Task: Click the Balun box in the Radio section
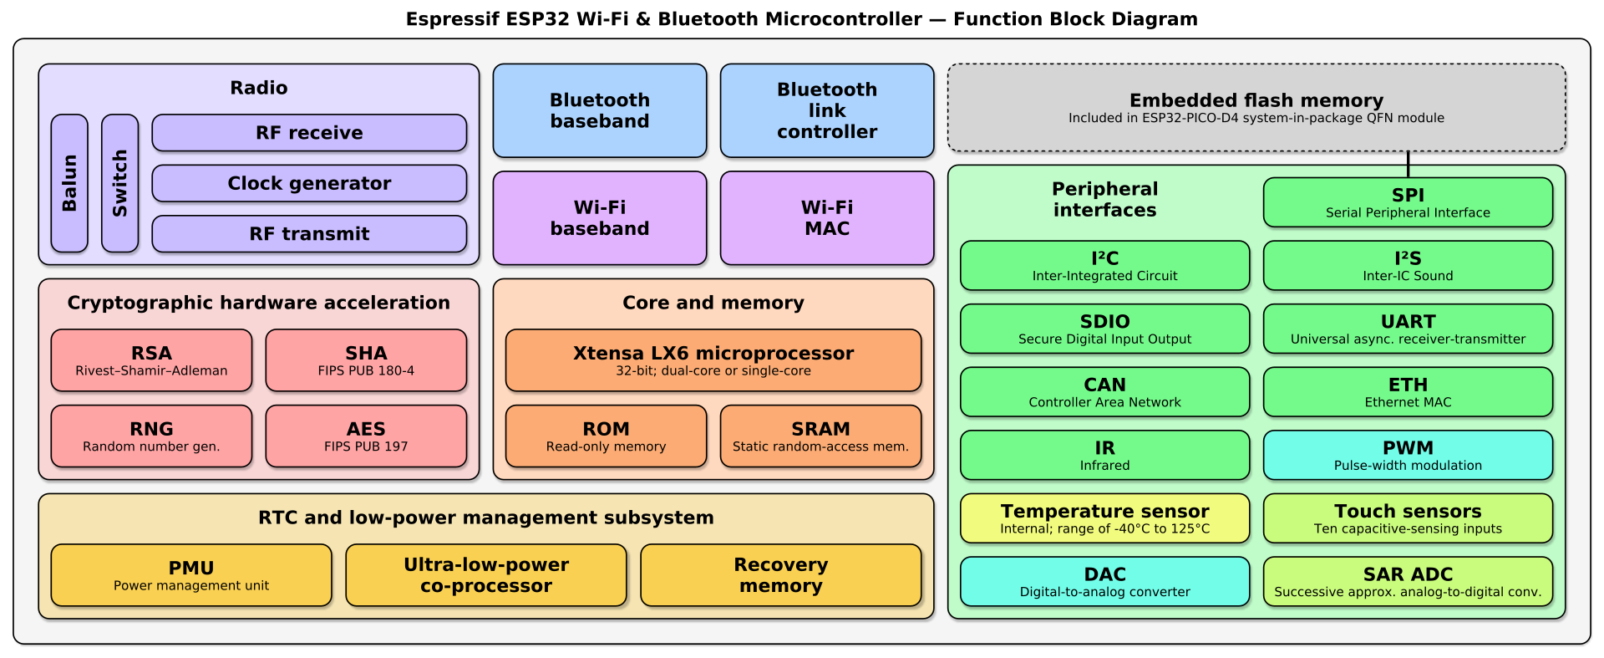pyautogui.click(x=69, y=183)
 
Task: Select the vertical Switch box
pyautogui.click(x=119, y=183)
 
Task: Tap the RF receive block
pyautogui.click(x=309, y=133)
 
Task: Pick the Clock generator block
pyautogui.click(x=309, y=183)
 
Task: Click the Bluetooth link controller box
pyautogui.click(x=827, y=110)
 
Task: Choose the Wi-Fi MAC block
pyautogui.click(x=827, y=218)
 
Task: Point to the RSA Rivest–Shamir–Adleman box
pyautogui.click(x=151, y=360)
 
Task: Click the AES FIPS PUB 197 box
pyautogui.click(x=366, y=436)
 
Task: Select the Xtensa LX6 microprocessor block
pyautogui.click(x=713, y=360)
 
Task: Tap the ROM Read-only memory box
pyautogui.click(x=606, y=436)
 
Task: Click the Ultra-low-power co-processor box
pyautogui.click(x=485, y=575)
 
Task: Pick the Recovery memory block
pyautogui.click(x=780, y=575)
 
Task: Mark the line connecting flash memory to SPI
pyautogui.click(x=1408, y=164)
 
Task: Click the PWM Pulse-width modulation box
pyautogui.click(x=1408, y=455)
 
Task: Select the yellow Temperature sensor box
pyautogui.click(x=1104, y=518)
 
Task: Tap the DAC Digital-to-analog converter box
pyautogui.click(x=1104, y=581)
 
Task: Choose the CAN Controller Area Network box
pyautogui.click(x=1104, y=392)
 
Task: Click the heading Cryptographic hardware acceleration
pyautogui.click(x=258, y=303)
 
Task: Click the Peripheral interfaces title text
pyautogui.click(x=1104, y=199)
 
